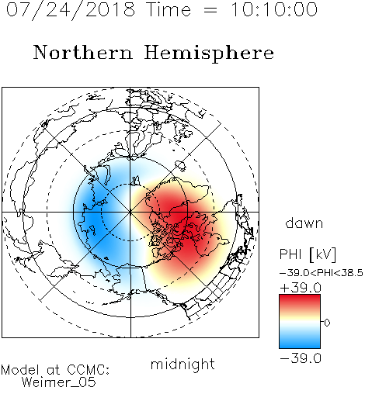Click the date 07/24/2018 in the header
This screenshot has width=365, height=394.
click(x=71, y=10)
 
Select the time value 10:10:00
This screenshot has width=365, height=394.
click(x=274, y=10)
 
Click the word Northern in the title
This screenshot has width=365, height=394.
click(x=83, y=52)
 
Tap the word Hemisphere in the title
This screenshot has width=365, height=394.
click(x=209, y=54)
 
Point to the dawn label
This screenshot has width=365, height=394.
click(x=304, y=223)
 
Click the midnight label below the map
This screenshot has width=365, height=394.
click(x=182, y=365)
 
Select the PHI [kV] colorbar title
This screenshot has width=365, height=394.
click(x=308, y=254)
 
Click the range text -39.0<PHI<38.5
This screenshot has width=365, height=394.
click(x=322, y=273)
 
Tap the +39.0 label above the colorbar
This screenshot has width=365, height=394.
click(x=301, y=288)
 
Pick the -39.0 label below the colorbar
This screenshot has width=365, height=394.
click(x=301, y=358)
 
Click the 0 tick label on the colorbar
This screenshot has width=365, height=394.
click(x=327, y=323)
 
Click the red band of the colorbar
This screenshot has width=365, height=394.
click(x=300, y=301)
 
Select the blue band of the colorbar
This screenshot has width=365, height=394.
click(x=300, y=341)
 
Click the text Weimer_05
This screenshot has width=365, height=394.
click(x=59, y=382)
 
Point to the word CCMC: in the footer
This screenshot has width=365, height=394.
click(x=88, y=370)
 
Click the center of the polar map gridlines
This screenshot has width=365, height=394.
click(x=130, y=212)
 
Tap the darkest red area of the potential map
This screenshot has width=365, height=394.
click(x=179, y=217)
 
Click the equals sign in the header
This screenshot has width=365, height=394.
click(x=210, y=10)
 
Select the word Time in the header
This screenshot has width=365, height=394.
click(x=169, y=10)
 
